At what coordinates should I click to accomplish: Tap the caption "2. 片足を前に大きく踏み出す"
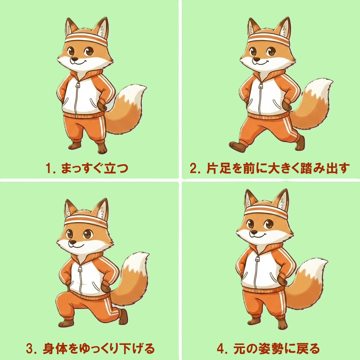270,168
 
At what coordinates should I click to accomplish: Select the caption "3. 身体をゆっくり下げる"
90,349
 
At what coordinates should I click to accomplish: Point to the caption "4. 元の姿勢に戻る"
269,349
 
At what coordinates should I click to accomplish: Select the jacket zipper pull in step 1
78,85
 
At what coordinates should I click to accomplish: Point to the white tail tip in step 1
135,92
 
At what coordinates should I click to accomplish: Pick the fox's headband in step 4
266,211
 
